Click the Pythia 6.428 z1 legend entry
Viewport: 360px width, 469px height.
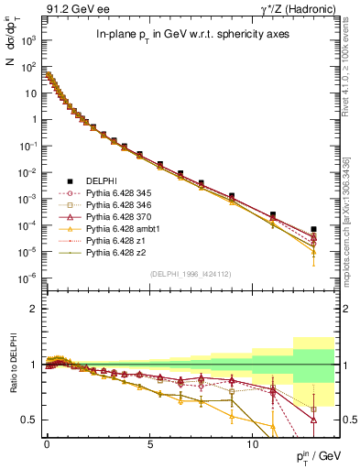tap(112, 245)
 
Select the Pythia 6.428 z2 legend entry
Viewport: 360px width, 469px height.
tap(112, 257)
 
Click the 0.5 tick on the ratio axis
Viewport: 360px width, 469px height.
tap(30, 420)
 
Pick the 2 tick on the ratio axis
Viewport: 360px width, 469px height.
tap(35, 309)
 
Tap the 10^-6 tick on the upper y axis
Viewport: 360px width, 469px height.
tap(30, 277)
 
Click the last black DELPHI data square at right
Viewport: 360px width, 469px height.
tap(314, 229)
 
